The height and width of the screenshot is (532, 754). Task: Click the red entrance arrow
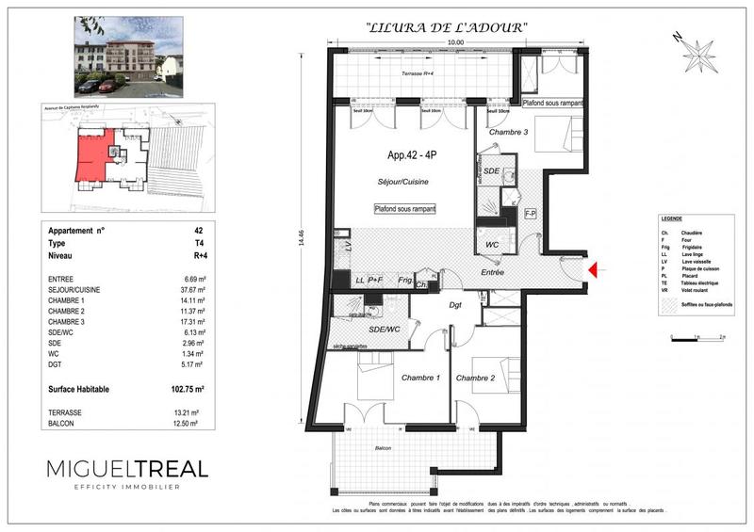pos(592,271)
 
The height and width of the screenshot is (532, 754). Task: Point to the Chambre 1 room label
pos(420,378)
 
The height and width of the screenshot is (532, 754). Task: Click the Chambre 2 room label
pos(476,378)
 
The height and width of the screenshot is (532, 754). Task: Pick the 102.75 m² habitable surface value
pos(189,387)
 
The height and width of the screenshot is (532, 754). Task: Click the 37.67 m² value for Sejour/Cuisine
pos(193,291)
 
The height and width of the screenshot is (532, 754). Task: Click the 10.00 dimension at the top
pos(455,42)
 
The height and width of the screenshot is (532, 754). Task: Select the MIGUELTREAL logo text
pos(127,469)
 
